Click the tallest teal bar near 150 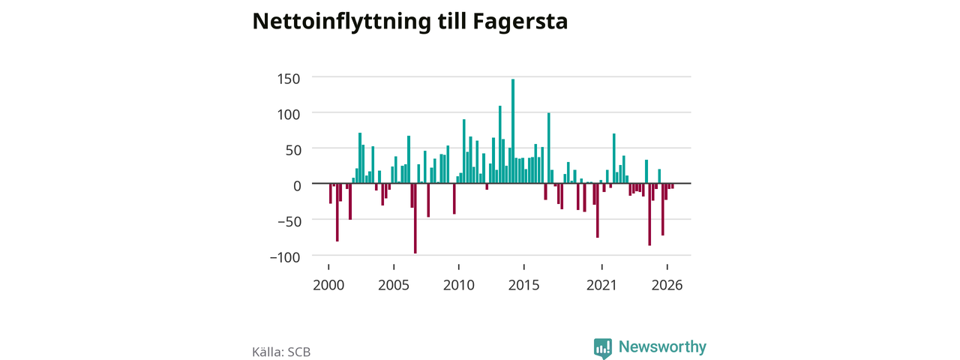(512, 131)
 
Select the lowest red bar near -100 (415, 218)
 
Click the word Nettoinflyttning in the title (341, 22)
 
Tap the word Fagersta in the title (520, 22)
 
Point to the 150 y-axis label (289, 79)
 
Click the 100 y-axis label (289, 115)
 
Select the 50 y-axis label (292, 151)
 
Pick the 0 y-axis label (296, 186)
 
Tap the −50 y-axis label (289, 221)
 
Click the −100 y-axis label (285, 257)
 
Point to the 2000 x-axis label (328, 285)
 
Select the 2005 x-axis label (394, 285)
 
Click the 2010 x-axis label (458, 285)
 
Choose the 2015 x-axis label (523, 285)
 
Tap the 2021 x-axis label (601, 285)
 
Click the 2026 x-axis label (667, 285)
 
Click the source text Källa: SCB (281, 352)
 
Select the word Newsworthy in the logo (662, 346)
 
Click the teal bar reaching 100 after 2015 (548, 148)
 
